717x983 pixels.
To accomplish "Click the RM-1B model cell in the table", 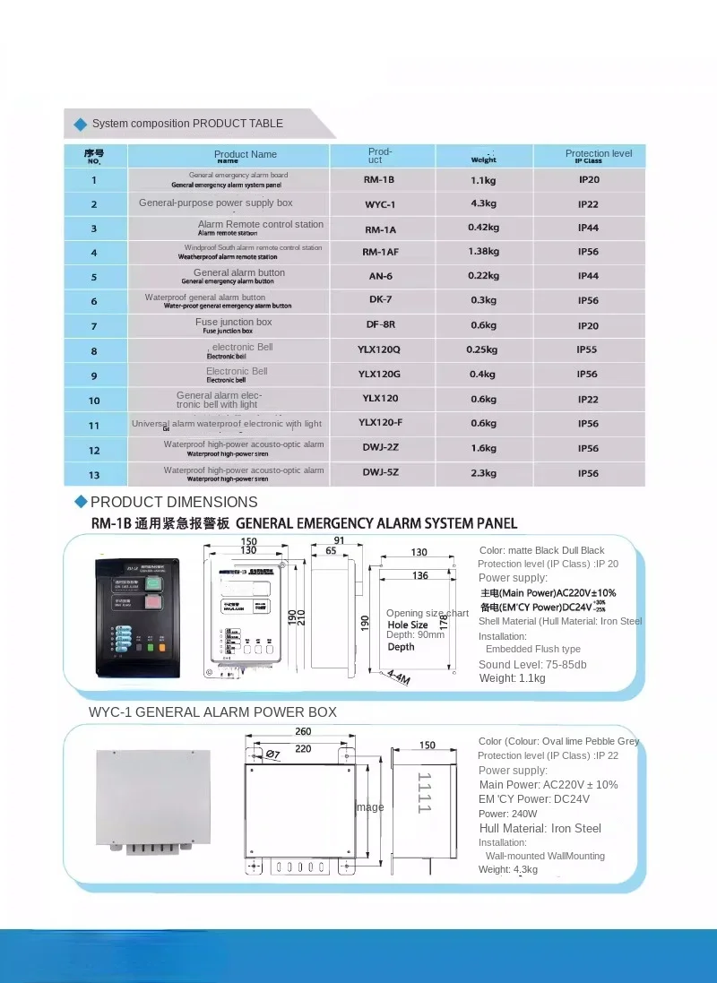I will tap(379, 180).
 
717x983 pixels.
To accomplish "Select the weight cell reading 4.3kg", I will tap(484, 203).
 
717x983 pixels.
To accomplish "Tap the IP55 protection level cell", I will tap(588, 349).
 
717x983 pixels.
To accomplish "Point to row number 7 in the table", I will tap(94, 326).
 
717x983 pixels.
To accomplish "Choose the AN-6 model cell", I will tap(379, 277).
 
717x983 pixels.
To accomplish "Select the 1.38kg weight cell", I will tap(484, 252).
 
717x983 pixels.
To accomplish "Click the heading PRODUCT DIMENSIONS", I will tap(174, 502).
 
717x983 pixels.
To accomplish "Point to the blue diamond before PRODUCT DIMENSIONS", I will tap(81, 501).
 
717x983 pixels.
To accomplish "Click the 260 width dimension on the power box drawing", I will tap(302, 732).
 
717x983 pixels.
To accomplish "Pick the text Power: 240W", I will tap(507, 814).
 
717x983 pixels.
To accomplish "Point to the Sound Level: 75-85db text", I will tap(532, 665).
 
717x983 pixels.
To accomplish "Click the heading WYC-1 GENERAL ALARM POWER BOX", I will tap(212, 712).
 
